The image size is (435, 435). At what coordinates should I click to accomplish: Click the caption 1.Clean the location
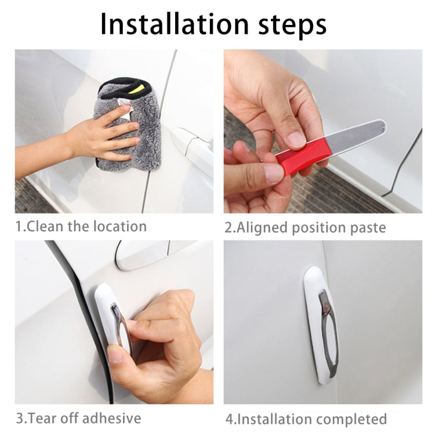81,226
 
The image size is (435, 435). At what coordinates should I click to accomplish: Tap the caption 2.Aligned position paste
305,227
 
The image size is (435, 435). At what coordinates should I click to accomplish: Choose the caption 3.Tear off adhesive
78,418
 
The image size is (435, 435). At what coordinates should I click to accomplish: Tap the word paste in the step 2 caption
367,227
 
